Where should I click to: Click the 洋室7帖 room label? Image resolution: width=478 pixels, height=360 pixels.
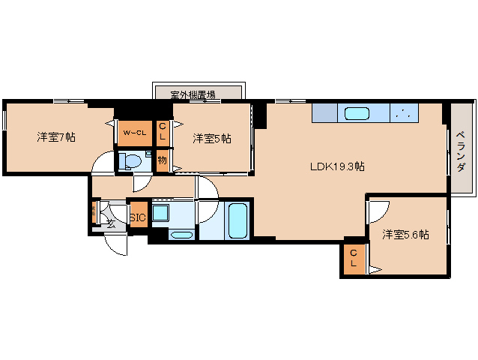point(56,137)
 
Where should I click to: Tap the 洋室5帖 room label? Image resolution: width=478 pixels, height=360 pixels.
point(211,138)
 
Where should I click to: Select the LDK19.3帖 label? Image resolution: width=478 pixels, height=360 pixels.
point(337,166)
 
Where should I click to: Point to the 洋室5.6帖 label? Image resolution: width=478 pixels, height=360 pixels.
point(405,235)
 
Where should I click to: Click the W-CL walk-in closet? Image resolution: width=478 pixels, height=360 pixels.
point(135,133)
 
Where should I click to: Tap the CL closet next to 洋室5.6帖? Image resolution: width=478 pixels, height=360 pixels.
point(354,259)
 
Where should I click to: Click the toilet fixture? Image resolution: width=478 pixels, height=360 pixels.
point(133,161)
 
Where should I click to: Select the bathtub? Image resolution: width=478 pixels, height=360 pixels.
point(238,220)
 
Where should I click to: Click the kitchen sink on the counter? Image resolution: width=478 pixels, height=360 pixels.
point(356,114)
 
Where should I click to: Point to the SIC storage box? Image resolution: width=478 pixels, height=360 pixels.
point(138,218)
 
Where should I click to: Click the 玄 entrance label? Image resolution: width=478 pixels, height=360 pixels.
point(110,223)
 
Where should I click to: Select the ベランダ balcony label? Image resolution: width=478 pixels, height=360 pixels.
point(461,152)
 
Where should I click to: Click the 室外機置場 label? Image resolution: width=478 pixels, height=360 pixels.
point(193,94)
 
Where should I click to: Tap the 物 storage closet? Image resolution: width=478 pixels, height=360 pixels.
point(163,160)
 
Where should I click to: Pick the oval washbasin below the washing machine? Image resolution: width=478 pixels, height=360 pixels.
point(181,235)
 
